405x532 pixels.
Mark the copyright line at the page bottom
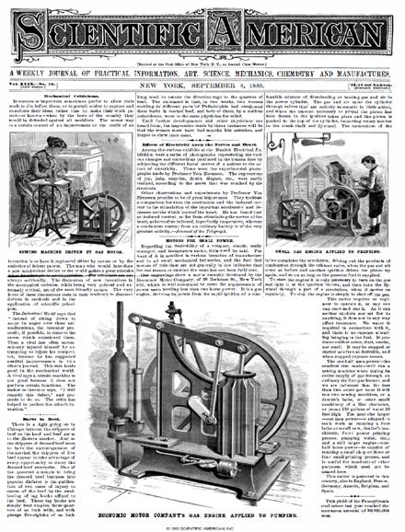click(x=202, y=526)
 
